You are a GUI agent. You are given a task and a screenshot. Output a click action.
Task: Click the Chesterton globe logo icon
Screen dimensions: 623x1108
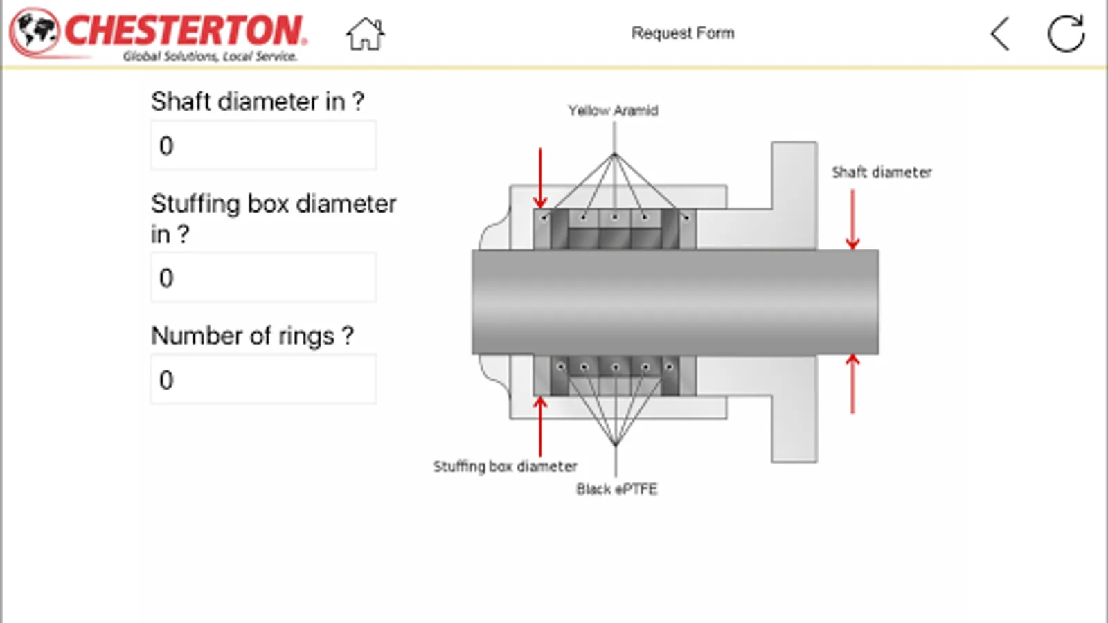coord(35,32)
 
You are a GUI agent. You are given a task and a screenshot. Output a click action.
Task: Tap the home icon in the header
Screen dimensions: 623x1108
coord(365,34)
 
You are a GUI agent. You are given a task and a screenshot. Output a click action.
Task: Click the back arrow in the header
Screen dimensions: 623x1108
coord(1000,34)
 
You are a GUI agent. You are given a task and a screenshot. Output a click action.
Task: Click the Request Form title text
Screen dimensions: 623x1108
coord(682,33)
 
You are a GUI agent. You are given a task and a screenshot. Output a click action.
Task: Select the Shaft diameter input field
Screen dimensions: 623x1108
coord(263,145)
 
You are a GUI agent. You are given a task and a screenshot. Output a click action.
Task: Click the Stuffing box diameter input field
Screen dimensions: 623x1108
coord(263,278)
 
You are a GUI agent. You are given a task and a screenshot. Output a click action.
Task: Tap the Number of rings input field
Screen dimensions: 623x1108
coord(263,379)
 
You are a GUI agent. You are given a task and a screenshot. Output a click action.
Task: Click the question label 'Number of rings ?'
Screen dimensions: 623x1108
coord(252,336)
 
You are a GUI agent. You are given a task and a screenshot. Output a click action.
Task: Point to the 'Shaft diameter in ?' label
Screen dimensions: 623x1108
coord(257,102)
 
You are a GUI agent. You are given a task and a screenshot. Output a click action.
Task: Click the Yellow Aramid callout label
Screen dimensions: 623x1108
coord(613,111)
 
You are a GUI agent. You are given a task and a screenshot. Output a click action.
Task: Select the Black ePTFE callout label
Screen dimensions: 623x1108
coord(616,489)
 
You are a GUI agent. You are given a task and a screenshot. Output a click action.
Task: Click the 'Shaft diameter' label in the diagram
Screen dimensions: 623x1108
coord(882,172)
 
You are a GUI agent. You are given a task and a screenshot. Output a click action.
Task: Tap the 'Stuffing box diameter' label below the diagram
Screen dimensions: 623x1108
coord(505,467)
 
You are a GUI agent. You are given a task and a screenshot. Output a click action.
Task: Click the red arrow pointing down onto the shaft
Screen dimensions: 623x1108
coord(852,219)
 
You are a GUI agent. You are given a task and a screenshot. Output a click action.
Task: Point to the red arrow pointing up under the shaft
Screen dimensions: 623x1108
coord(852,383)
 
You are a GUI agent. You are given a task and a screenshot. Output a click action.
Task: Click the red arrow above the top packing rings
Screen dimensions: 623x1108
coord(540,177)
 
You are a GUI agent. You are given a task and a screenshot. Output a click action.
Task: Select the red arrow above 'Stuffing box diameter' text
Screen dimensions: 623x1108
coord(540,425)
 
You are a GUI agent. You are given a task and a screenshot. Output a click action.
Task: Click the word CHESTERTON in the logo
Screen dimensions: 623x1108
coord(184,30)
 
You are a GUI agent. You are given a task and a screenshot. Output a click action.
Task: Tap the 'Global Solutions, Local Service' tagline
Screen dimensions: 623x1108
coord(210,56)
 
